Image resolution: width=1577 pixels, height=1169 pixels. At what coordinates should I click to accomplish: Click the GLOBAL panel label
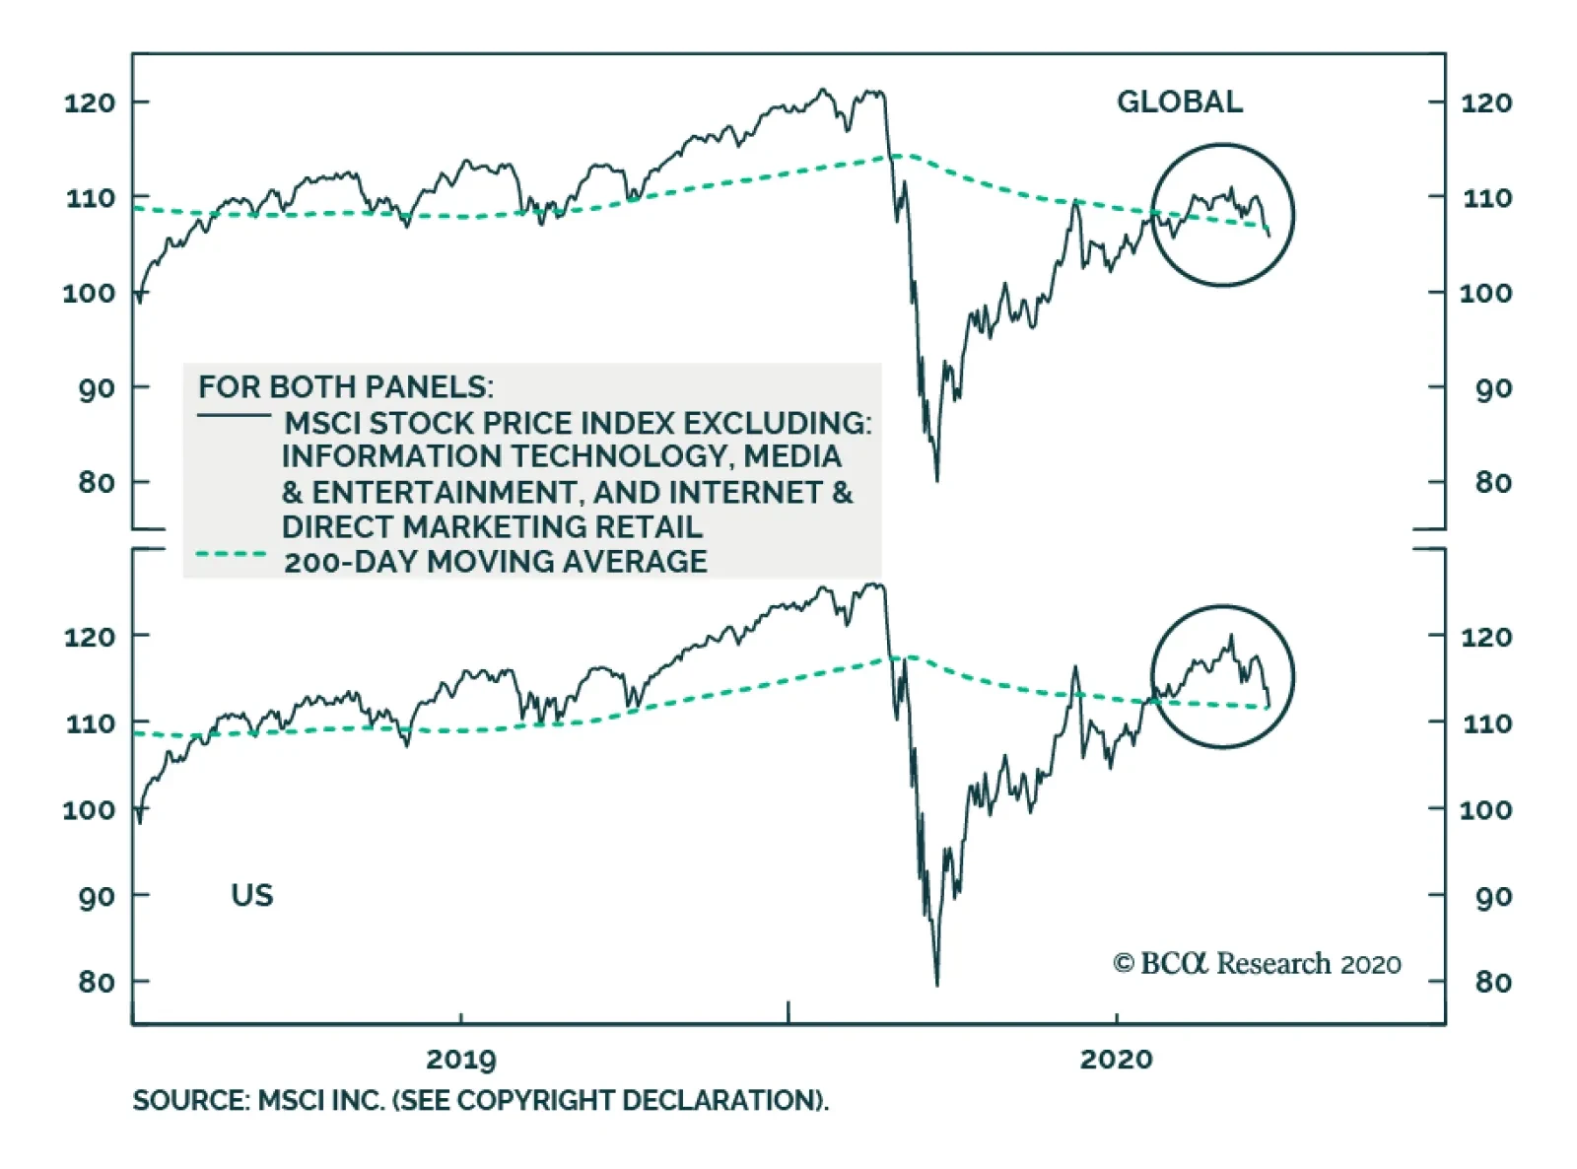[1179, 102]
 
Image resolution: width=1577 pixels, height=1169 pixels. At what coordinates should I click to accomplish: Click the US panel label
[251, 895]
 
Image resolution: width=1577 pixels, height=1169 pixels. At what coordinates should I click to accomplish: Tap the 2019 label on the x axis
[460, 1060]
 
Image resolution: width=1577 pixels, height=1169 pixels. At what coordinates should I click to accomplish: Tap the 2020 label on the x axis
[1116, 1060]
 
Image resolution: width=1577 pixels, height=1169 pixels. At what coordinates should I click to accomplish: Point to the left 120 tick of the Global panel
[90, 103]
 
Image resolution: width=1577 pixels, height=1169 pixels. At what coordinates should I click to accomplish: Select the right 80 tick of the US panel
[1492, 982]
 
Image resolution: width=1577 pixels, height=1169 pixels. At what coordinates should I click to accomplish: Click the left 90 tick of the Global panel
[97, 388]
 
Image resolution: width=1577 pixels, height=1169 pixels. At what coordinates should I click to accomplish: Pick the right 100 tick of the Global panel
[1485, 293]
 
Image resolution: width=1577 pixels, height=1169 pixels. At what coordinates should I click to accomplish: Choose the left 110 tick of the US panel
[90, 723]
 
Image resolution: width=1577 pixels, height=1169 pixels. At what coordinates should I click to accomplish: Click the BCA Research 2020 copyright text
[1257, 963]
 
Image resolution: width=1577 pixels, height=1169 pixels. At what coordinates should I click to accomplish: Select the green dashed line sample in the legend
[231, 555]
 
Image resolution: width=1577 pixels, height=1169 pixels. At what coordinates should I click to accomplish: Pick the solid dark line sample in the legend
[234, 416]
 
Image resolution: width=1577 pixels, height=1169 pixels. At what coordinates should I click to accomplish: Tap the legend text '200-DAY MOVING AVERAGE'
[495, 562]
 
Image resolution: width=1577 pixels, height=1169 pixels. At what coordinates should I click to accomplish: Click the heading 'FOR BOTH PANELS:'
[345, 386]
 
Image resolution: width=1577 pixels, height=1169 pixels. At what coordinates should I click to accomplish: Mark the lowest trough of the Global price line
[936, 480]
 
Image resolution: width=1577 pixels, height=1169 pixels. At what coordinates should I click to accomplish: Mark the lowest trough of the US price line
[936, 984]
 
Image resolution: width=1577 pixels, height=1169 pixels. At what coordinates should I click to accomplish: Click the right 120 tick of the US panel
[1485, 637]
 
